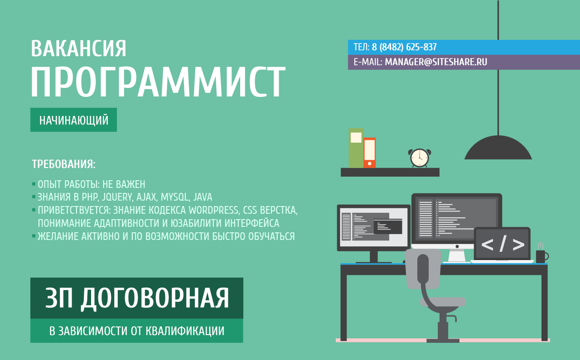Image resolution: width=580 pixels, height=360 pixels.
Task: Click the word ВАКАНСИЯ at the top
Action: tap(78, 49)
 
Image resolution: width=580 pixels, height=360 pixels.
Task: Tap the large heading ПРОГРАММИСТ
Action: tap(158, 83)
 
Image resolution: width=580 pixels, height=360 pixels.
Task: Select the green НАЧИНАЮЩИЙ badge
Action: tap(73, 120)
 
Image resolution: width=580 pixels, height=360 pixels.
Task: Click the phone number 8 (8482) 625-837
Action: tap(404, 47)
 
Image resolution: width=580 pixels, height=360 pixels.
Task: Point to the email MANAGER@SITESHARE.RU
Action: tap(436, 62)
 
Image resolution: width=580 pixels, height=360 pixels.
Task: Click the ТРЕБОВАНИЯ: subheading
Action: tap(63, 164)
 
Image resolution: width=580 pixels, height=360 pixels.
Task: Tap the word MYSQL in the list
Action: tap(174, 197)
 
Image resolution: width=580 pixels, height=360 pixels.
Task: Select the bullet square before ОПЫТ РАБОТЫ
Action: tap(34, 184)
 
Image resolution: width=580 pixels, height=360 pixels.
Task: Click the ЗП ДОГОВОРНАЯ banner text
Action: tap(137, 298)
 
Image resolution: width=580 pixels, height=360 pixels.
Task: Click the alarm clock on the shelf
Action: tap(419, 158)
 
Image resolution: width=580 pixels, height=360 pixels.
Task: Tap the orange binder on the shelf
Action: tap(369, 153)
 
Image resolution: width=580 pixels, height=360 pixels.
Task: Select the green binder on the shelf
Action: tap(356, 148)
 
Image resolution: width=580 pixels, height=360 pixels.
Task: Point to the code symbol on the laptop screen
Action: tap(502, 244)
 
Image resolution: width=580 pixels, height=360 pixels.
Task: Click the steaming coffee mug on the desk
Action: tap(541, 256)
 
